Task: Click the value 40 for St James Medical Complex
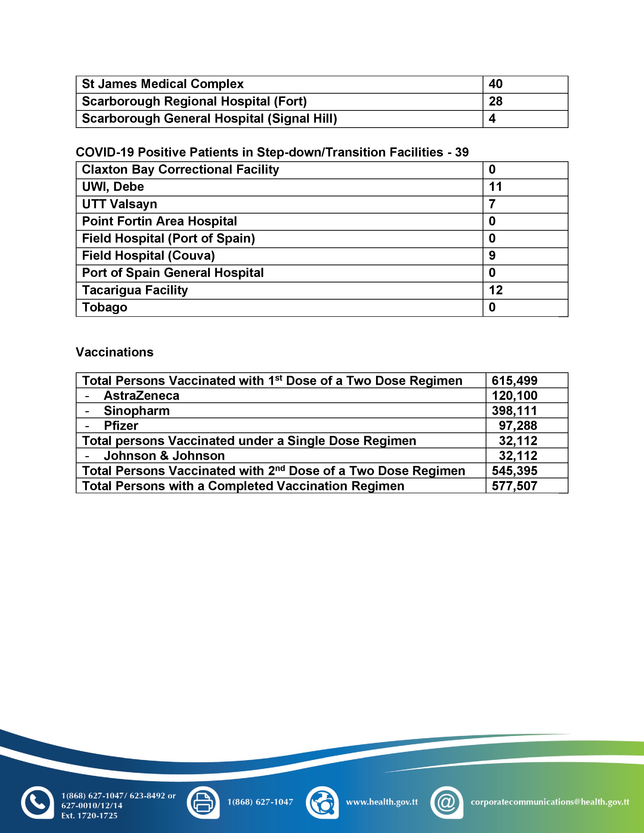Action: tap(495, 84)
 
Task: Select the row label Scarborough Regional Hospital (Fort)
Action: tap(194, 101)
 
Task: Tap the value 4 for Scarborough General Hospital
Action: tap(492, 119)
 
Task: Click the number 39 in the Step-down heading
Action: tap(462, 152)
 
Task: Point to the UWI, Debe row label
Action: tap(113, 187)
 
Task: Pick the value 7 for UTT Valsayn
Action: tap(492, 204)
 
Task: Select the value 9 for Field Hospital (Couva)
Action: tap(492, 255)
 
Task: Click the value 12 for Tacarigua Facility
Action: tap(496, 290)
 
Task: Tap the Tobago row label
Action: tap(105, 307)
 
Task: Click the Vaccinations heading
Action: tap(114, 352)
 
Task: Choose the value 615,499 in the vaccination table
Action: tap(514, 381)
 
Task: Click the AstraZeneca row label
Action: tap(141, 396)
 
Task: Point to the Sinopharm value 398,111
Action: tap(514, 411)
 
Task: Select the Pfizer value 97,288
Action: tap(518, 426)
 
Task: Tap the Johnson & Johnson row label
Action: tap(164, 456)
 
